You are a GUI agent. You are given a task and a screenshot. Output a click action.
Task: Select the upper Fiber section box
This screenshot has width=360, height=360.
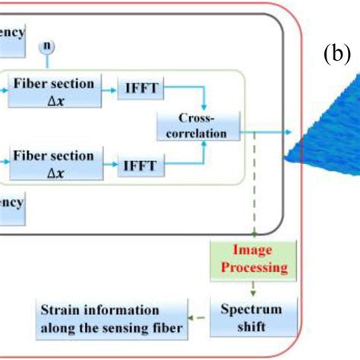60,90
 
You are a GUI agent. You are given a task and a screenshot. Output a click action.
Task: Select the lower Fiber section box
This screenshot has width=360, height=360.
60,163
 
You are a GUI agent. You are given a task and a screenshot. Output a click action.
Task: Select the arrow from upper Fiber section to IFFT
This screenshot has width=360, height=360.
106,90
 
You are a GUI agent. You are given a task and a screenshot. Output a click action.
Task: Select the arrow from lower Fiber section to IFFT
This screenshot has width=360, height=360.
106,163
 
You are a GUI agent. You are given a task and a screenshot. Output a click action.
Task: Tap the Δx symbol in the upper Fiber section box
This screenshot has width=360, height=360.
60,98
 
